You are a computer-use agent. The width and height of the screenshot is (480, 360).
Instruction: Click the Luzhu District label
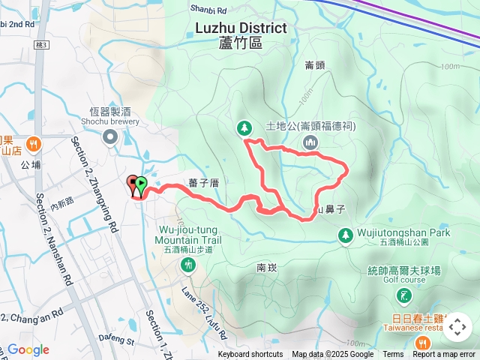coord(241,28)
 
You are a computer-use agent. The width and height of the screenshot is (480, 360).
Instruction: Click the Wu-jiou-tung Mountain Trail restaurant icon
coord(187,264)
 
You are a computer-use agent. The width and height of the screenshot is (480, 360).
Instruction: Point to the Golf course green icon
coord(405,295)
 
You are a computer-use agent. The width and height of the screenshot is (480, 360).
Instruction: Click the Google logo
coord(28,349)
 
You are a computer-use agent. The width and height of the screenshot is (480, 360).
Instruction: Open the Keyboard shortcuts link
coord(250,355)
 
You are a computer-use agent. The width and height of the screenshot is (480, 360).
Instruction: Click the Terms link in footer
coord(393,355)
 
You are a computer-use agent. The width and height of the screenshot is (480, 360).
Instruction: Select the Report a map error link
coord(444,355)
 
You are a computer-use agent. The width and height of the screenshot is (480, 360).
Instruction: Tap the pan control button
coord(457,327)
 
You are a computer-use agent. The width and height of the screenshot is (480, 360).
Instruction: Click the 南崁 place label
coord(267,267)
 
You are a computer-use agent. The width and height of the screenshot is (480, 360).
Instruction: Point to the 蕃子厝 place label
coord(203,182)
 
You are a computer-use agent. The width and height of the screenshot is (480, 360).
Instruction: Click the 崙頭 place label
coord(315,65)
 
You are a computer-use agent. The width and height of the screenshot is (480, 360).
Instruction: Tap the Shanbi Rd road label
coord(208,9)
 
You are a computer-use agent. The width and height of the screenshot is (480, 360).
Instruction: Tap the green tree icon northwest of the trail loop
coord(244,129)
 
